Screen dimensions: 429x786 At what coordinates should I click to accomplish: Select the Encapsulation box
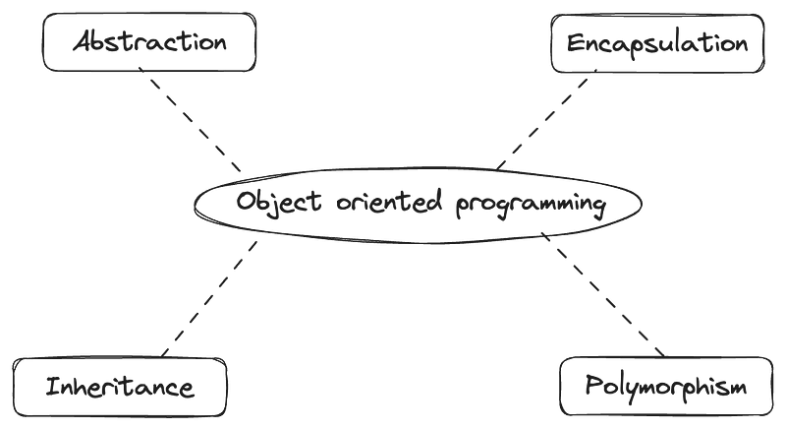[x=654, y=44]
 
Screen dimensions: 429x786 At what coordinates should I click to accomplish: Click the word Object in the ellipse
[x=270, y=203]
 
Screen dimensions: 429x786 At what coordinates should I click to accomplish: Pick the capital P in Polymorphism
[x=590, y=384]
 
